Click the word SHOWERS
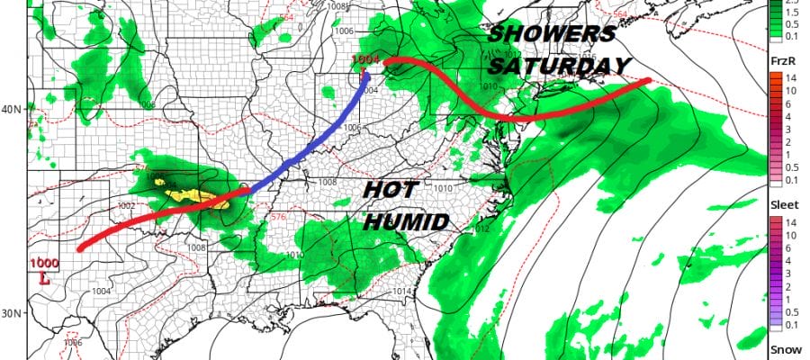point(552,35)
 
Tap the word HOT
point(392,191)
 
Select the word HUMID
point(406,221)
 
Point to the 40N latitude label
point(13,110)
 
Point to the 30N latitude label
point(13,313)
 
